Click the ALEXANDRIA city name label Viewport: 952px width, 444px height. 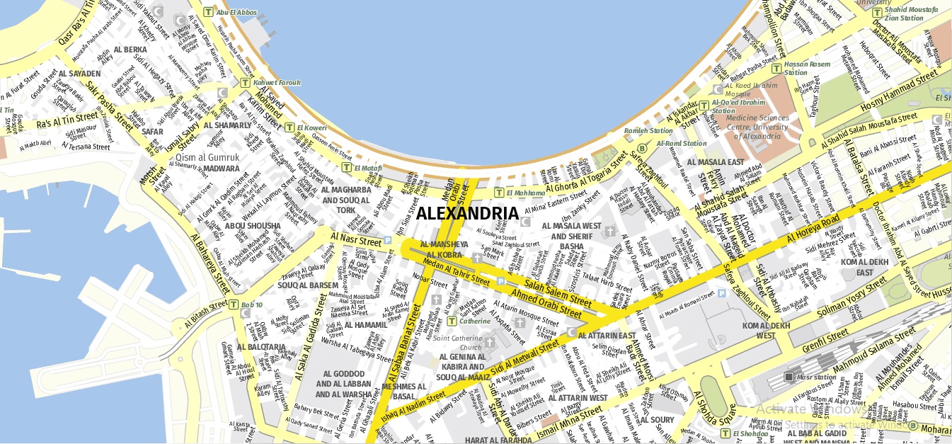pos(467,213)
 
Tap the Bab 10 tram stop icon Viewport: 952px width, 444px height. pos(234,304)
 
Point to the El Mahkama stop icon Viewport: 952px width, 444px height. pos(499,192)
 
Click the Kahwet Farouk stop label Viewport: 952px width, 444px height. pos(277,83)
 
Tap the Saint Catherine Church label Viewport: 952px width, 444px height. pos(457,343)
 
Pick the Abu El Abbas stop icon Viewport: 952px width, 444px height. pos(207,11)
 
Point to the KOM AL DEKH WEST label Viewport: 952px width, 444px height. pos(765,330)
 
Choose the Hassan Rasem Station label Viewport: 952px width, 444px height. pos(806,68)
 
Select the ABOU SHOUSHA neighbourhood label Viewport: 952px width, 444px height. pos(253,226)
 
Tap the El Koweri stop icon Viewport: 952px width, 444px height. pos(289,127)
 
